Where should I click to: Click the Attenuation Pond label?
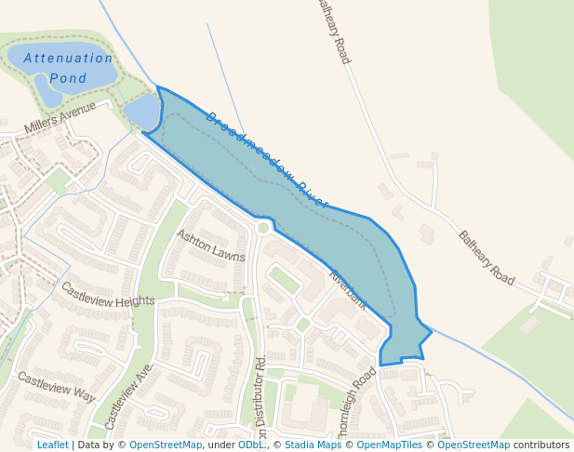click(68, 68)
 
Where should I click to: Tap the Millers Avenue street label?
click(60, 119)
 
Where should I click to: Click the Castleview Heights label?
click(108, 295)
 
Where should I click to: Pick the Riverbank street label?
click(348, 289)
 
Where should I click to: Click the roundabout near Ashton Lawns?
click(263, 228)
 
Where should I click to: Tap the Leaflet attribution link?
click(52, 445)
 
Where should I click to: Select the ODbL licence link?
click(251, 445)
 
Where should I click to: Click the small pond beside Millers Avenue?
click(141, 113)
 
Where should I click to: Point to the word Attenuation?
click(68, 58)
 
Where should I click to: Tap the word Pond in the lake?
click(68, 79)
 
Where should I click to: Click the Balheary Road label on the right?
click(487, 258)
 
